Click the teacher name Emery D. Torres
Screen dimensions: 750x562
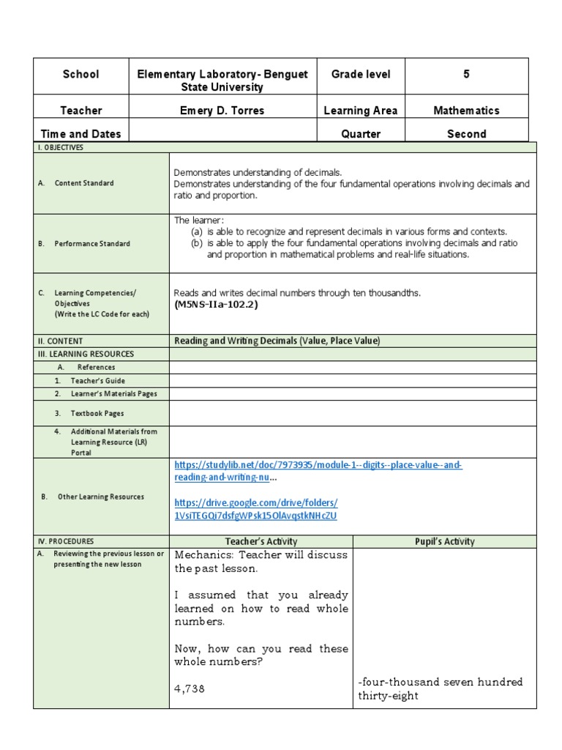(x=222, y=111)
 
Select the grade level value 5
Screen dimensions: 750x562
(x=466, y=74)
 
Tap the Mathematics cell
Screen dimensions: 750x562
(x=466, y=111)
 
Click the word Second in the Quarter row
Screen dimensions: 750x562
(x=466, y=134)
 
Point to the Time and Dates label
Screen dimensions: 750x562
(x=81, y=134)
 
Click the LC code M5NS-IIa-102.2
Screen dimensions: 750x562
(x=216, y=305)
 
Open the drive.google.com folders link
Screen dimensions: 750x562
(x=255, y=510)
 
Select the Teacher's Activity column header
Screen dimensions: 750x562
(x=261, y=542)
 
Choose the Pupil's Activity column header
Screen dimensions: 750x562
(x=444, y=542)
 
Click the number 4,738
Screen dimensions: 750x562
(x=190, y=689)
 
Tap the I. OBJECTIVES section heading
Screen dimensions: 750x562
(x=61, y=147)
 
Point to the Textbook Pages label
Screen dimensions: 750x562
(x=97, y=413)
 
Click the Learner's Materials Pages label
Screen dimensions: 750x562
(x=113, y=394)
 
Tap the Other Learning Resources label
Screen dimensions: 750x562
(x=101, y=497)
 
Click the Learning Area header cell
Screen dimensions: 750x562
(x=361, y=111)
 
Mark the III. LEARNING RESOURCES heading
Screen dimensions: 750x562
(x=86, y=354)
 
